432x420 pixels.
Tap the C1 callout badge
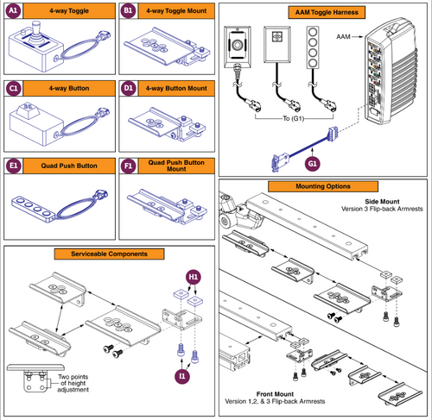pyautogui.click(x=13, y=89)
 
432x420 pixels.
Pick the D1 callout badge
pyautogui.click(x=129, y=89)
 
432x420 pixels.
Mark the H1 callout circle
pyautogui.click(x=195, y=275)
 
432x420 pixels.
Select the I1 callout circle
pyautogui.click(x=182, y=376)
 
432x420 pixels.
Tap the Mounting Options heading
pyautogui.click(x=323, y=185)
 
